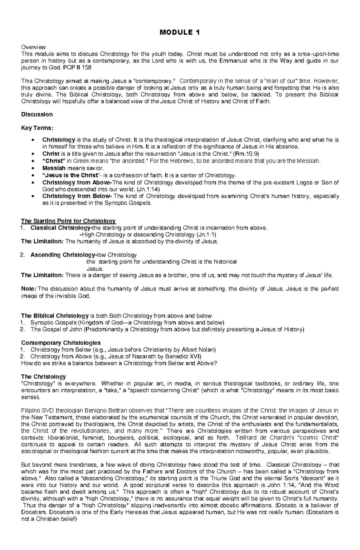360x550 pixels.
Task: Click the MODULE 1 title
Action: (180, 32)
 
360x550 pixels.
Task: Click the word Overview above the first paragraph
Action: (33, 47)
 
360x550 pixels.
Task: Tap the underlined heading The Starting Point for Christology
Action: (68, 221)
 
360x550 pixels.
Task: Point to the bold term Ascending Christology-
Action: (63, 255)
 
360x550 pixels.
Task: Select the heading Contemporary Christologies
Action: (61, 343)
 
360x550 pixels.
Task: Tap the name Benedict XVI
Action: (183, 356)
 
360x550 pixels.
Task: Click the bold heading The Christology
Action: (43, 376)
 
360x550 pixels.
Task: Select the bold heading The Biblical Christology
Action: (55, 316)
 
